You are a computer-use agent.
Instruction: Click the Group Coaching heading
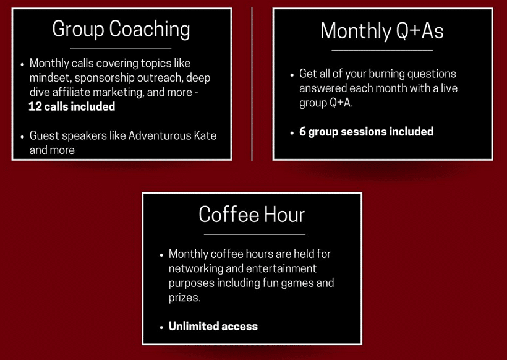coord(121,30)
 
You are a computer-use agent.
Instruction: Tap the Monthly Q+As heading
coord(382,31)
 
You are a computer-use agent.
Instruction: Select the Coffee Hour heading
coord(252,215)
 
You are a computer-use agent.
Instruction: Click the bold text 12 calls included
coord(72,106)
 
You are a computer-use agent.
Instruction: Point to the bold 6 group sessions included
coord(367,132)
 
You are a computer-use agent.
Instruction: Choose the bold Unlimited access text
coord(213,326)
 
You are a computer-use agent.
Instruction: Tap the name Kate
coord(205,135)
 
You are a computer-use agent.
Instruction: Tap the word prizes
coord(185,298)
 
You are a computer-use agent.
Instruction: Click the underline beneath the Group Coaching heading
coord(121,49)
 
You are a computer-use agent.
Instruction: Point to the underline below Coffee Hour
coord(255,234)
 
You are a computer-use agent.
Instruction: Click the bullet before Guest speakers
coord(22,137)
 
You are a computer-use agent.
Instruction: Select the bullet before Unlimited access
coord(161,327)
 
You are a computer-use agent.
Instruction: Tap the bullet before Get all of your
coord(292,75)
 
